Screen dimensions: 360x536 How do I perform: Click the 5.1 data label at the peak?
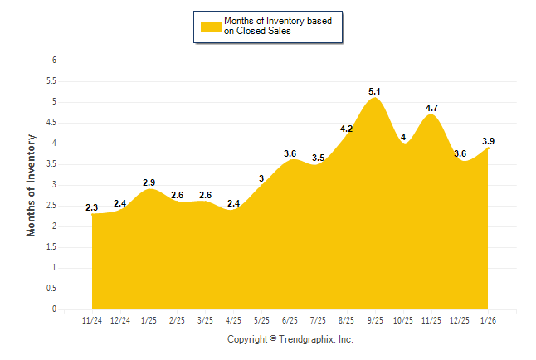[x=374, y=92]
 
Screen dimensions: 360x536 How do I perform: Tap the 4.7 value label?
[x=431, y=108]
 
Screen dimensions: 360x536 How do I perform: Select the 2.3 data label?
[x=91, y=207]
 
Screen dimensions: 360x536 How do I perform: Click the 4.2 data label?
[x=346, y=129]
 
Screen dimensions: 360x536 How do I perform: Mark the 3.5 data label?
[x=318, y=158]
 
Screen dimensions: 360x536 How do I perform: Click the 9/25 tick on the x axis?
[x=374, y=319]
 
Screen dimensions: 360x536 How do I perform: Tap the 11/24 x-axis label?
[x=92, y=319]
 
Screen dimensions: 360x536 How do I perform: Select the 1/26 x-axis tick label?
[x=488, y=319]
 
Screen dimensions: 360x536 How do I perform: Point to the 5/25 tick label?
[x=261, y=319]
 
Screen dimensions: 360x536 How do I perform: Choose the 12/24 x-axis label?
[x=120, y=319]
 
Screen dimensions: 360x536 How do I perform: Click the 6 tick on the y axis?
[x=54, y=61]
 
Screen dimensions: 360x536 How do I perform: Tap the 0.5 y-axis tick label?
[x=51, y=289]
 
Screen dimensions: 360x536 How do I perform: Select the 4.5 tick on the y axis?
[x=51, y=123]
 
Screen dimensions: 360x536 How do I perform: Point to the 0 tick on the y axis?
[x=54, y=309]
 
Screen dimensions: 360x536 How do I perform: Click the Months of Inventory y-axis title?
[x=32, y=185]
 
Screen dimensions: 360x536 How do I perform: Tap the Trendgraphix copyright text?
[x=290, y=339]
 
